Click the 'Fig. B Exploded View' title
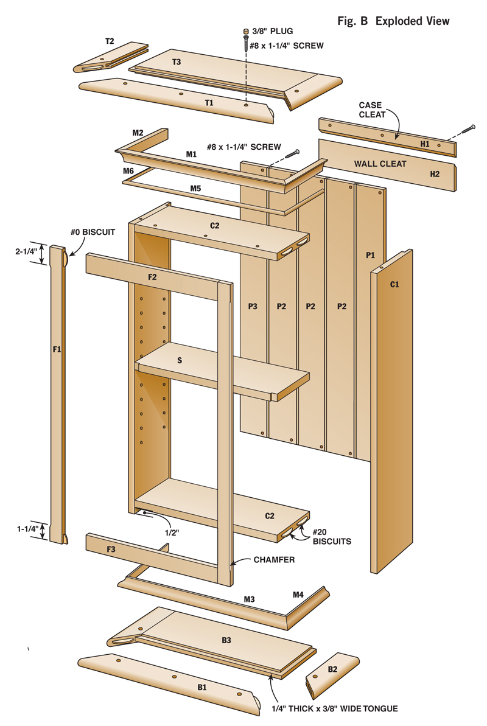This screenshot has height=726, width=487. point(393,21)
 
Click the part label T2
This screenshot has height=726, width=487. point(110,41)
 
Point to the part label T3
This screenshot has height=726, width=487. point(177,61)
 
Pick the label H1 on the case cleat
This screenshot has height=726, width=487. point(425,144)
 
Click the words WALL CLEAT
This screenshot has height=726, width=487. point(381,164)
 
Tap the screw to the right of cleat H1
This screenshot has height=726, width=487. point(468,129)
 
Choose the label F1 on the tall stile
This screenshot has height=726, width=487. point(57,350)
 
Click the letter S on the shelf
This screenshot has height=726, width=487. point(180,360)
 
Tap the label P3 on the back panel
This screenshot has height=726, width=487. point(253,306)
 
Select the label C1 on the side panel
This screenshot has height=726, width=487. point(394,283)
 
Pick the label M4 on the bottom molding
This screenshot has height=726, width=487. point(298,593)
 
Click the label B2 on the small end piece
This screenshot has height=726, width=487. point(332,669)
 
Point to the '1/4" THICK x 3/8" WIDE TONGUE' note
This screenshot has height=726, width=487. point(334,708)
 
